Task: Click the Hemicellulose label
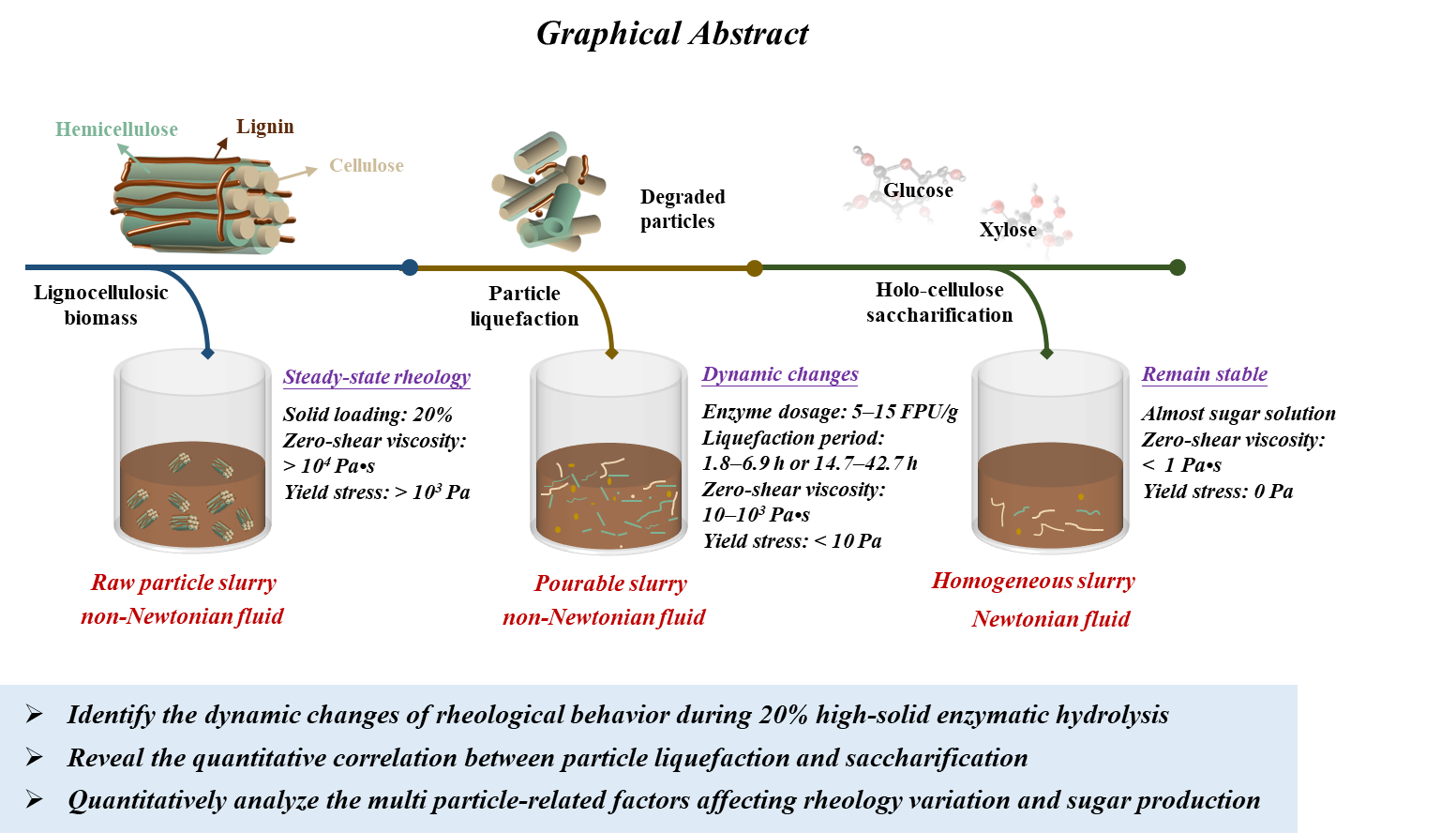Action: click(x=116, y=129)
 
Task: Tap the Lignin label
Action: click(x=265, y=127)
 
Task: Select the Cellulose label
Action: click(x=367, y=166)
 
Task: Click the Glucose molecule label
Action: click(x=918, y=190)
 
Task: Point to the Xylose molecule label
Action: click(x=1008, y=230)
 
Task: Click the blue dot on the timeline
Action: click(x=410, y=267)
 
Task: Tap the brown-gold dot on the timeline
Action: click(x=755, y=268)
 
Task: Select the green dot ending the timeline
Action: click(x=1178, y=267)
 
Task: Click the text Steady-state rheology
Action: click(x=377, y=377)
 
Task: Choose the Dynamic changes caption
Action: click(x=780, y=374)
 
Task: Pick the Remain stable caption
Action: click(x=1205, y=374)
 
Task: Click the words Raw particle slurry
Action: click(x=184, y=583)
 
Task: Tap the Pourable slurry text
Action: click(x=610, y=584)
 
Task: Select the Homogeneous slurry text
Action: click(x=1033, y=582)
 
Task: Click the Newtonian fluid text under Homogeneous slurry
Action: click(x=1051, y=619)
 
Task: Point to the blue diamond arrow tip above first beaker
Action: click(x=207, y=354)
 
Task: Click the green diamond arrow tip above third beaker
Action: click(x=1047, y=354)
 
